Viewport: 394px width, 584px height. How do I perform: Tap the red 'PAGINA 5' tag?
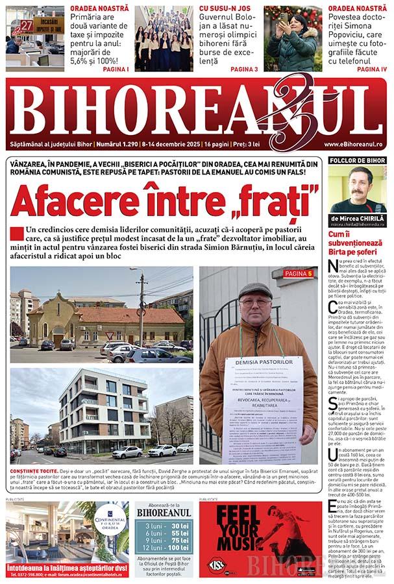298,274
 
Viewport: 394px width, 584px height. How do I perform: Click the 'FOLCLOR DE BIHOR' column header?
358,160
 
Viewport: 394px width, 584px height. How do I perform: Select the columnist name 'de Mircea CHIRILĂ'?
358,218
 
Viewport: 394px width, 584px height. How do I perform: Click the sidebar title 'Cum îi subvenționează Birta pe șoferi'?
358,243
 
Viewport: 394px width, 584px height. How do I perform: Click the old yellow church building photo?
101,315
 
